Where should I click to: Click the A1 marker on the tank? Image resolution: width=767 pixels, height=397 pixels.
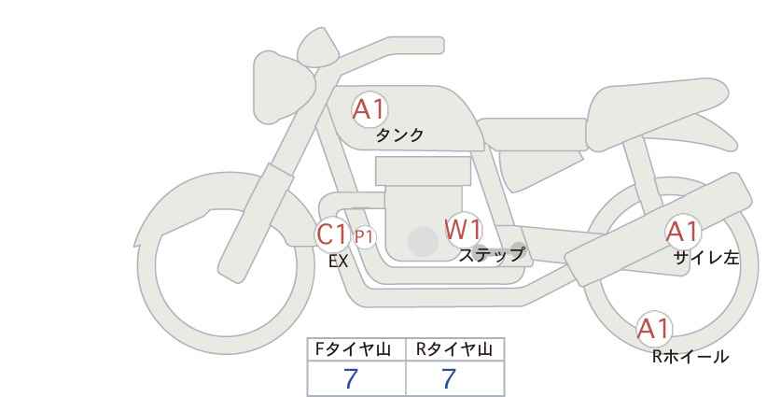pos(370,109)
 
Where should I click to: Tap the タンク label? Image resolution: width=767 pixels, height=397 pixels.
pos(399,135)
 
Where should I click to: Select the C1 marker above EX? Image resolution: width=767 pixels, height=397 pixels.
pos(332,234)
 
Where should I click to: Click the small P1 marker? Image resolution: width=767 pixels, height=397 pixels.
pos(364,237)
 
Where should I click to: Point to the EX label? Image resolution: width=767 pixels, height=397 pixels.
pos(339,262)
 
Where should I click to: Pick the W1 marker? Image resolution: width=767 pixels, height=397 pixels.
pos(463,229)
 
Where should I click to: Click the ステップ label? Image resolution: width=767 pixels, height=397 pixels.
pos(491,255)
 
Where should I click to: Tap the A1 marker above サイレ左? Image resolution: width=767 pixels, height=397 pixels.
pos(683,232)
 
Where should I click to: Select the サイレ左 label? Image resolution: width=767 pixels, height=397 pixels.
pos(706,258)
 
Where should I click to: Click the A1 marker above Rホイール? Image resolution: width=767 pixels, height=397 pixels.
pos(653,329)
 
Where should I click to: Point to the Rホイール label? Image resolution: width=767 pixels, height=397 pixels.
pos(690,357)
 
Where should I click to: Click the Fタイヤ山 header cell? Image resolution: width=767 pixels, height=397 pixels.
pos(356,349)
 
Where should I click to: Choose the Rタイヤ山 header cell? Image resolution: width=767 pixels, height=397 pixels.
pos(455,349)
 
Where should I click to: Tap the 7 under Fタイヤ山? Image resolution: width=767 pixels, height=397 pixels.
pos(351,379)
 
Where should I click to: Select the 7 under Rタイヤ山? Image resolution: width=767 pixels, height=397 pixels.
pos(449,379)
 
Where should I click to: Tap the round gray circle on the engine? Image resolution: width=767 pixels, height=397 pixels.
pos(423,241)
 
